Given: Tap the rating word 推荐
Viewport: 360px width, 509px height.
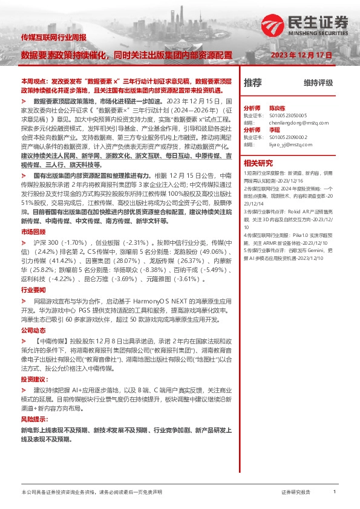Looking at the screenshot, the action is [x=252, y=83].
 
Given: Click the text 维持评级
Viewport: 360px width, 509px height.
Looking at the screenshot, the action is [x=318, y=83].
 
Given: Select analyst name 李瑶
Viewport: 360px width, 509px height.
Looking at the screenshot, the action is [x=275, y=129].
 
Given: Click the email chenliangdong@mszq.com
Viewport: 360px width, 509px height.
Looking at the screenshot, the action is [x=299, y=122].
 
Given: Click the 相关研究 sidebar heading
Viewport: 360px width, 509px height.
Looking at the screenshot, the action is [x=258, y=163].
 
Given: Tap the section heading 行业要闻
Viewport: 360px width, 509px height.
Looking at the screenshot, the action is [x=33, y=290].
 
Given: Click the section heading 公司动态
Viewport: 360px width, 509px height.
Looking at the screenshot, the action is [x=33, y=331].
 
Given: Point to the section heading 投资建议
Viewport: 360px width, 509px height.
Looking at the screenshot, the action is [x=34, y=379].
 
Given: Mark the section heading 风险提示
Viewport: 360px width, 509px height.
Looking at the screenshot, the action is [x=34, y=418].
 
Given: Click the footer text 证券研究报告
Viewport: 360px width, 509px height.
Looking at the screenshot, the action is [x=295, y=493].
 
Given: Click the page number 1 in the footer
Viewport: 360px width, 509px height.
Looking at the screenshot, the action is [x=335, y=492].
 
